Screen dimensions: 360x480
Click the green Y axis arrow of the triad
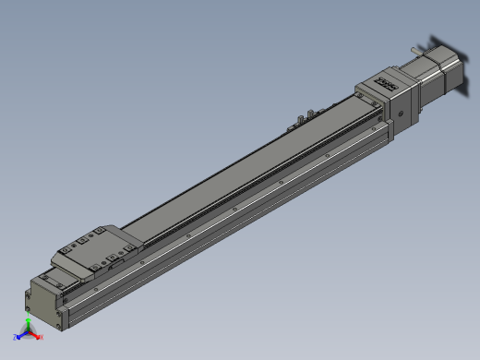point(29,322)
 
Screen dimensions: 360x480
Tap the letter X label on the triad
point(42,337)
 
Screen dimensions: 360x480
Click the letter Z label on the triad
point(15,337)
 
